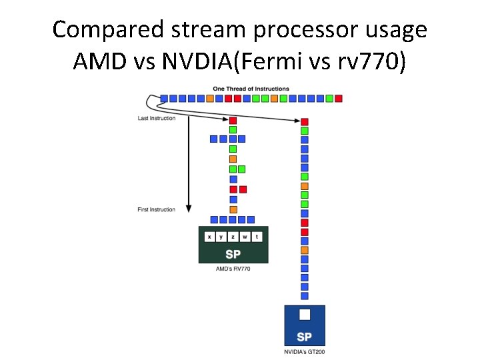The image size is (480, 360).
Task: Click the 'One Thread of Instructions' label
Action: [x=251, y=89]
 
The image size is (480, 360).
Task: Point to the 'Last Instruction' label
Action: [x=157, y=119]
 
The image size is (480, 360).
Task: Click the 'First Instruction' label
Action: [x=157, y=210]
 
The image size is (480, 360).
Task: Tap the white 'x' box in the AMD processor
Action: [x=209, y=237]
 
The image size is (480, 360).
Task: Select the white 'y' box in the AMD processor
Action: [x=221, y=237]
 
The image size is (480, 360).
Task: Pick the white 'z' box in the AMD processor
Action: [x=233, y=237]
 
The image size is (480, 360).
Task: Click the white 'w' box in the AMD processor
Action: [x=245, y=237]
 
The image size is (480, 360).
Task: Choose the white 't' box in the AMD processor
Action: [x=257, y=237]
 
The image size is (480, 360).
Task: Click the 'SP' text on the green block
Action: [x=233, y=254]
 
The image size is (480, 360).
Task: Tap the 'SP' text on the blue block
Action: [x=305, y=337]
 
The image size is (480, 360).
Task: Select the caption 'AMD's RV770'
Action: [x=233, y=269]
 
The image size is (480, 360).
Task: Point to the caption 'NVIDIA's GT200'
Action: [x=305, y=351]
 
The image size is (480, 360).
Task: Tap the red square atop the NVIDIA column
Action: [x=305, y=122]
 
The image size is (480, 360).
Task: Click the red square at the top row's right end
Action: [x=339, y=99]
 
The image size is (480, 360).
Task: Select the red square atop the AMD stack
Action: [x=233, y=121]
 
